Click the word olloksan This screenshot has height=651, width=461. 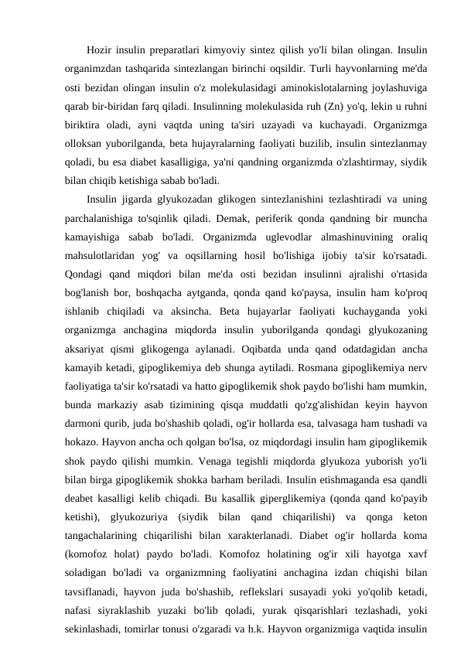click(x=84, y=144)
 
